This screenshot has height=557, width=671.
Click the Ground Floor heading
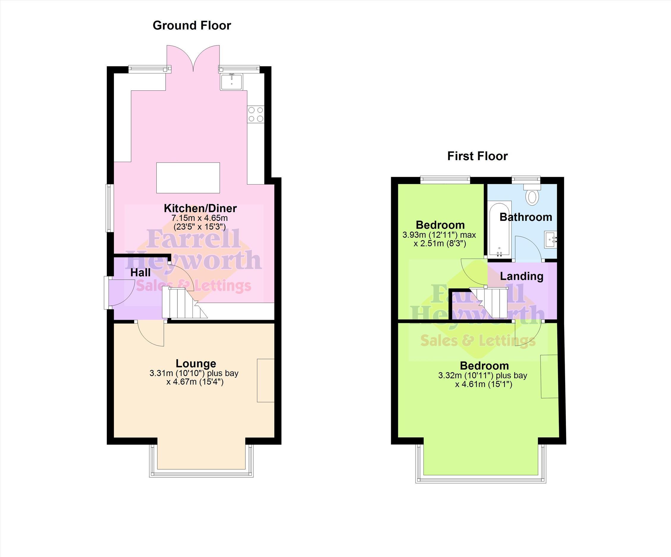pos(192,26)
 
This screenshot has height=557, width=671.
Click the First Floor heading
pos(477,156)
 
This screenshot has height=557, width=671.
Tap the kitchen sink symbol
pos(232,81)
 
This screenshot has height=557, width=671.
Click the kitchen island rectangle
pos(188,178)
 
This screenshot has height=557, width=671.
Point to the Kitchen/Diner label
pos(200,208)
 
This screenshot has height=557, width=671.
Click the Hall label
pos(141,273)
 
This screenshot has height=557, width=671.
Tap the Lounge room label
pos(196,364)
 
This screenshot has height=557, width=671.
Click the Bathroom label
pos(526,217)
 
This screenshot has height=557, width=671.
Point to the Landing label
pos(521,276)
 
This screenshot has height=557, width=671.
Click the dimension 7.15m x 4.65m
pos(200,218)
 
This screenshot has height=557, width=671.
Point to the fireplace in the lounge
pos(266,380)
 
